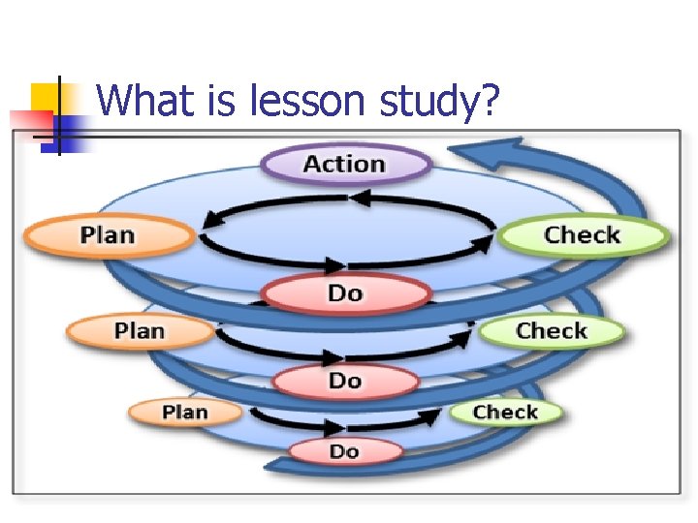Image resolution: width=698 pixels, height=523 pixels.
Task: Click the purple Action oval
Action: pyautogui.click(x=345, y=164)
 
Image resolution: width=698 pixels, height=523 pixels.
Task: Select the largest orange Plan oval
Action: pyautogui.click(x=108, y=235)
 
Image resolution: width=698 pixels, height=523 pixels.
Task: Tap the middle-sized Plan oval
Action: pyautogui.click(x=140, y=331)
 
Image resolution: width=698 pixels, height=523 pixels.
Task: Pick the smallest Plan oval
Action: pyautogui.click(x=185, y=413)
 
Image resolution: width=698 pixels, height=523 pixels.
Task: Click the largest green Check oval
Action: pyautogui.click(x=582, y=235)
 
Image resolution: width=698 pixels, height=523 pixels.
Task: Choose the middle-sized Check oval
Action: pyautogui.click(x=551, y=331)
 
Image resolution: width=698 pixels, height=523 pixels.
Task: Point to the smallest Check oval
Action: pyautogui.click(x=505, y=413)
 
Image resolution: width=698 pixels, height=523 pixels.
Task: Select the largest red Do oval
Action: pyautogui.click(x=345, y=292)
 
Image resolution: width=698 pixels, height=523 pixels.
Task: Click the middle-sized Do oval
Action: pyautogui.click(x=345, y=381)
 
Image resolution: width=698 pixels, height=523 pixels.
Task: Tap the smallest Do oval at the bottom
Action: pyautogui.click(x=344, y=451)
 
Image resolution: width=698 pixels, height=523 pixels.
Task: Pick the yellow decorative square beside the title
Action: pyautogui.click(x=45, y=97)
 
